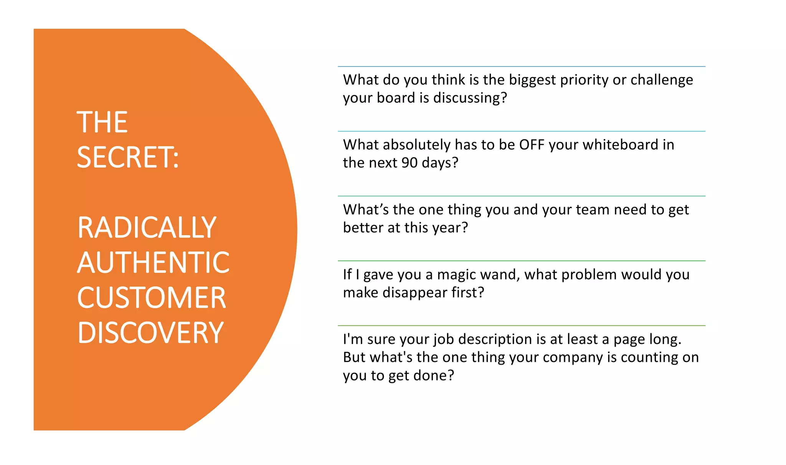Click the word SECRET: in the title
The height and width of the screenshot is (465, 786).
pos(128,157)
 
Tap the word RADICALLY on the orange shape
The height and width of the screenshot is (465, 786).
pos(147,228)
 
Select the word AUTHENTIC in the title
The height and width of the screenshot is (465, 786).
pos(153,262)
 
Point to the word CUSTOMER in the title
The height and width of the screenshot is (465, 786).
pos(152,298)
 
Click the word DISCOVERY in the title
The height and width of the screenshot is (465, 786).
pos(150,333)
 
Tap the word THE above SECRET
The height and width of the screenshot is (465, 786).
pos(102,122)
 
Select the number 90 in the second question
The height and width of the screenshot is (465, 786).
pos(409,163)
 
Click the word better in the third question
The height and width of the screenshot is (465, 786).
pos(363,228)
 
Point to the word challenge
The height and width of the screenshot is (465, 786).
pos(662,80)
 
